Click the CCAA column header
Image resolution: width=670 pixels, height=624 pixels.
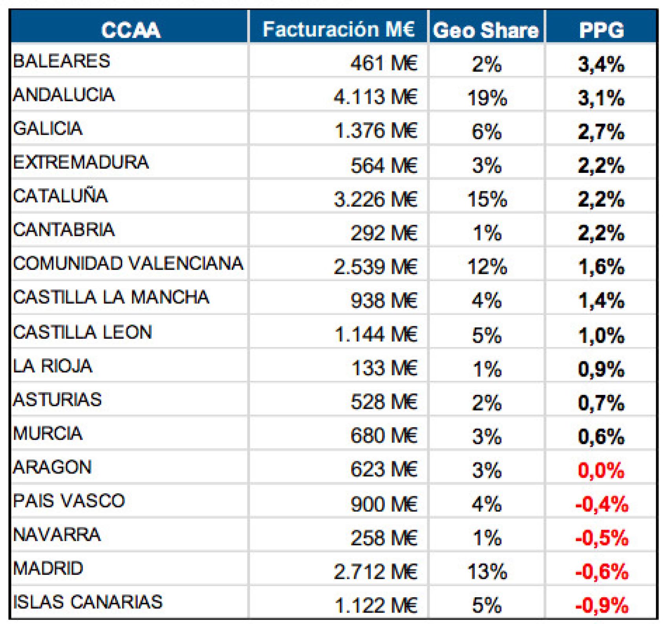(130, 29)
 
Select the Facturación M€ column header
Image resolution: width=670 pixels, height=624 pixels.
(339, 29)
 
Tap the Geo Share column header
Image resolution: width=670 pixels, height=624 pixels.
(486, 30)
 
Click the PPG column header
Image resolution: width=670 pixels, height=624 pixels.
(601, 30)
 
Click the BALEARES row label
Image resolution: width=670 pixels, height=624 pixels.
(62, 61)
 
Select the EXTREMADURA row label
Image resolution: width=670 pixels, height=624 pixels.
(81, 162)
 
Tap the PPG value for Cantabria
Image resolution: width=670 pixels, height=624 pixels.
(601, 233)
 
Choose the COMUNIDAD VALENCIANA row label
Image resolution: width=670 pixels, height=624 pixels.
(128, 263)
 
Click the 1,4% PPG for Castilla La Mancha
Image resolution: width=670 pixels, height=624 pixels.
(601, 301)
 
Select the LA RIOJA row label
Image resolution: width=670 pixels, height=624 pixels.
(53, 366)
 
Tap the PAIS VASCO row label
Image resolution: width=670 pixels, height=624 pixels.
(69, 501)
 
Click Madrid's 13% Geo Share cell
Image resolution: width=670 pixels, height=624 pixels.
(487, 571)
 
